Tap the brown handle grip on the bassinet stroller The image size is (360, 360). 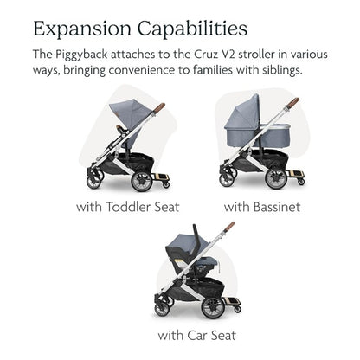[x=292, y=103]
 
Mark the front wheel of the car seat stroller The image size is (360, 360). [x=161, y=309]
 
